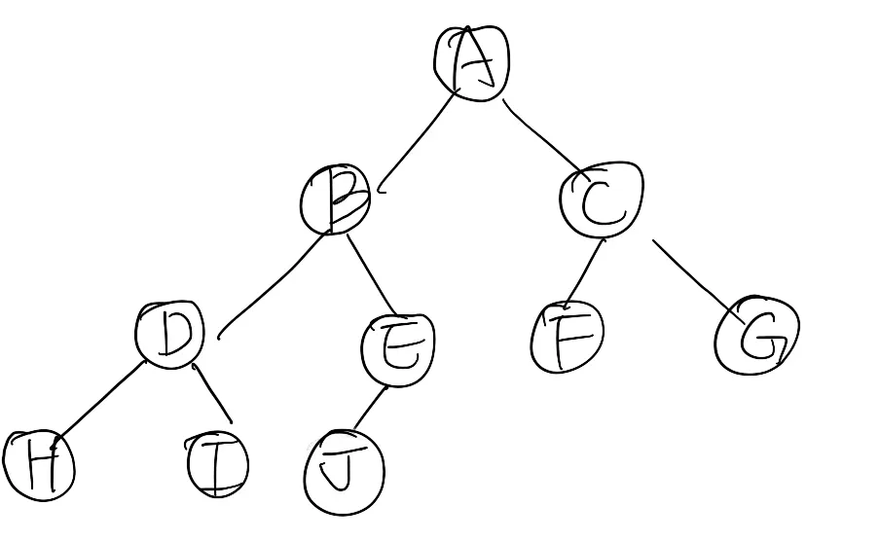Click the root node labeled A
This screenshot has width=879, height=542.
coord(472,62)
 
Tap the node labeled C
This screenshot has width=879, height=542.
coord(602,199)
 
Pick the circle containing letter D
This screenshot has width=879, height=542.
coord(171,335)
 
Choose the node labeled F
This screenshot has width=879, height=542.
coord(568,339)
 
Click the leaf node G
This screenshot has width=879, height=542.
coord(757,338)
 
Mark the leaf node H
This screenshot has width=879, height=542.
coord(39,466)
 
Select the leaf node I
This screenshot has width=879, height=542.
coord(217,465)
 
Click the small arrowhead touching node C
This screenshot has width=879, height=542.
coord(604,239)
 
